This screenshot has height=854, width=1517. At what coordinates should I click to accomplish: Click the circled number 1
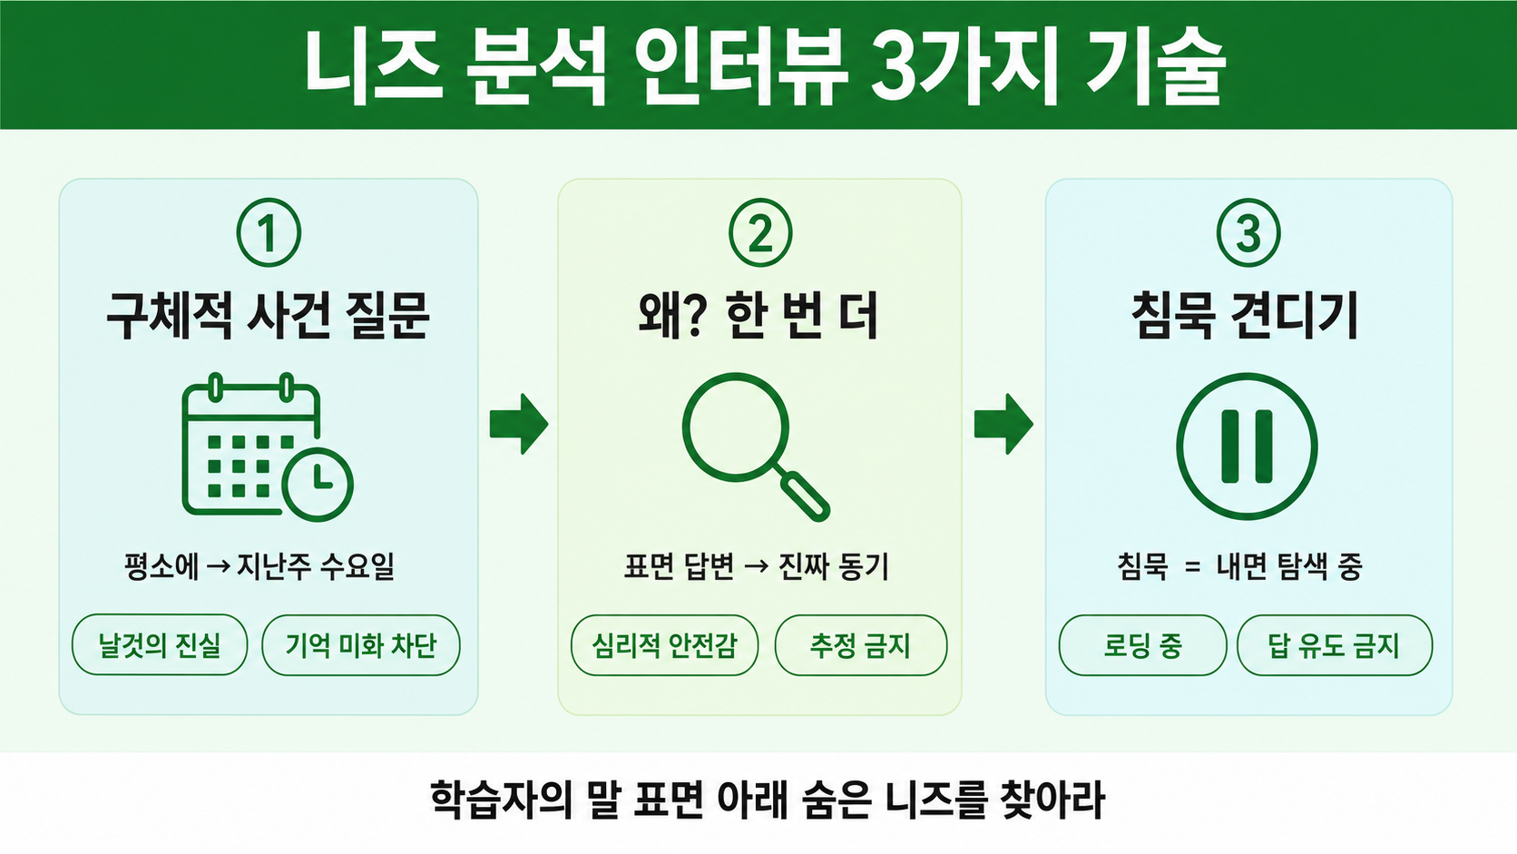[269, 232]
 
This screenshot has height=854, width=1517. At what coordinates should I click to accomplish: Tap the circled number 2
[759, 232]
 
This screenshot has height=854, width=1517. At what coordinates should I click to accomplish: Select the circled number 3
[1248, 232]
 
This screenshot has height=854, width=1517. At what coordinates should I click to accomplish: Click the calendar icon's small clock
[317, 485]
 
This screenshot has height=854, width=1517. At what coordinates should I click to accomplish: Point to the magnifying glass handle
[805, 496]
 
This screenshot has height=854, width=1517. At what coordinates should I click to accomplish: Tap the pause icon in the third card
[1247, 447]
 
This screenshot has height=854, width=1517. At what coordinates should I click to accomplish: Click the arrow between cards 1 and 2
[519, 424]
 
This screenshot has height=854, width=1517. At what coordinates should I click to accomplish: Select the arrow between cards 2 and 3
[1003, 424]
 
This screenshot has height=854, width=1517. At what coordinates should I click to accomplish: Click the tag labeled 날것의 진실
[160, 644]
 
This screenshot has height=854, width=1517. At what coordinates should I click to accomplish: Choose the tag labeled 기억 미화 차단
[361, 644]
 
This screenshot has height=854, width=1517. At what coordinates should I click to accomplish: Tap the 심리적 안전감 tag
[664, 644]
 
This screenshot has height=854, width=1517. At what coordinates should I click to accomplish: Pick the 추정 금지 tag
[861, 644]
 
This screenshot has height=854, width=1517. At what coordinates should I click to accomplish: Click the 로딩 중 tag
[1142, 644]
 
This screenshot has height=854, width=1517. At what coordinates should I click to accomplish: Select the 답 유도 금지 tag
[1334, 644]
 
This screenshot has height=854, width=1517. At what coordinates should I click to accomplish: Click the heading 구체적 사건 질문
[269, 316]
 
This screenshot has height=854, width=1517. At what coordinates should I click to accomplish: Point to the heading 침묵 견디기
[1246, 316]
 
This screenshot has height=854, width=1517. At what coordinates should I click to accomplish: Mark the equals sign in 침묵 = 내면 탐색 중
[1192, 567]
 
